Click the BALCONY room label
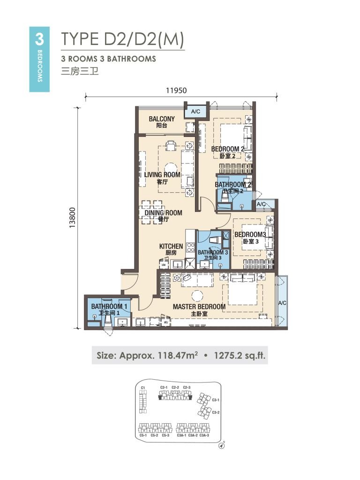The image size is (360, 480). click(162, 119)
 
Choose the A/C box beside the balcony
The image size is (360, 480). click(195, 112)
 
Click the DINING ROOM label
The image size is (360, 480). click(163, 213)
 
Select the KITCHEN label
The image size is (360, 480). click(171, 246)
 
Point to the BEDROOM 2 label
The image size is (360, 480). click(228, 149)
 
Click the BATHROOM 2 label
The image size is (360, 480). click(233, 185)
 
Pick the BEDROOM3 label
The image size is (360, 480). click(250, 234)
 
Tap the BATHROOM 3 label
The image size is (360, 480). click(213, 252)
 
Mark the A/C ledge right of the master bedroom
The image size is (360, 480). click(282, 303)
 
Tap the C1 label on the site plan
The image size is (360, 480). click(143, 388)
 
